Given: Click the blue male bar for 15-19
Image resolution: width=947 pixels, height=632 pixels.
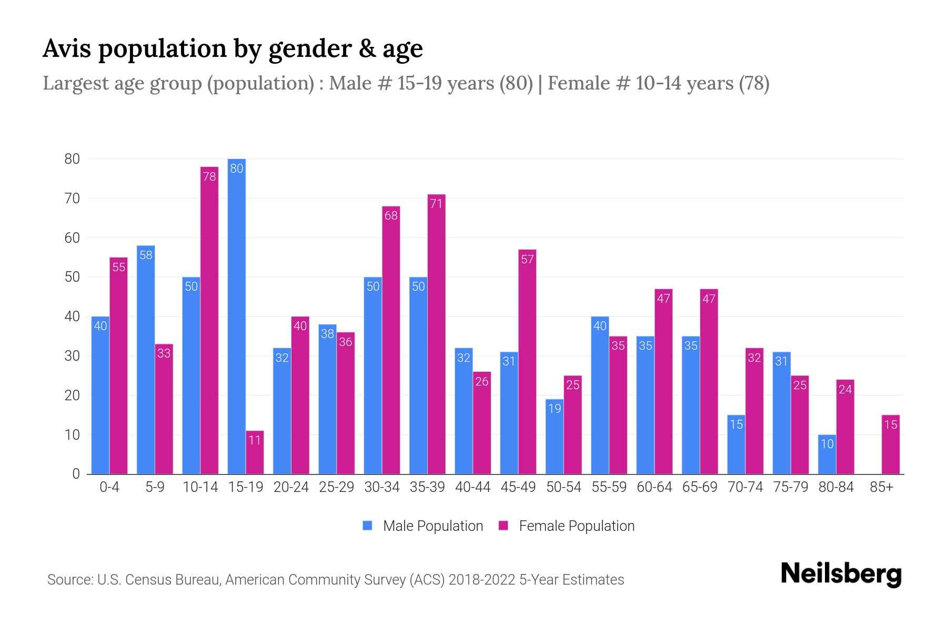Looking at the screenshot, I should click(237, 316).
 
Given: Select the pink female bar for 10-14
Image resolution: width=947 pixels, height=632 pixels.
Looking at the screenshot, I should click(209, 321).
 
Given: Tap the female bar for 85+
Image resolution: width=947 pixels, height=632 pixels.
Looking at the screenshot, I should click(890, 445).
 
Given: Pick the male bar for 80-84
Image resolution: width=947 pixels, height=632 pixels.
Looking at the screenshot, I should click(827, 455).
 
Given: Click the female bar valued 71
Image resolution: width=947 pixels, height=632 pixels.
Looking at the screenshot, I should click(436, 334).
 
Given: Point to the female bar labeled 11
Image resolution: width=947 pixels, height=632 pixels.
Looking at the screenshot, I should click(255, 453).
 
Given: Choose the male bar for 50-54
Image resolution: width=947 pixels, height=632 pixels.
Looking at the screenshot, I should click(555, 437).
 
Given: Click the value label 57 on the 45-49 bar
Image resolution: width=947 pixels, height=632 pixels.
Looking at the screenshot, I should click(527, 259).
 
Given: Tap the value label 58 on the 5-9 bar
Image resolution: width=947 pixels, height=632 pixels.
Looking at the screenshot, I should click(146, 255).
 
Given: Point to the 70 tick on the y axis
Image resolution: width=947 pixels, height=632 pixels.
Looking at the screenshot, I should click(72, 199).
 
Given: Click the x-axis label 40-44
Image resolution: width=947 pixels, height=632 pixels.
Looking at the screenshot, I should click(472, 487).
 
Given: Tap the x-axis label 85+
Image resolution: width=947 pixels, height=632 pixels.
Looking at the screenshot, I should click(881, 487).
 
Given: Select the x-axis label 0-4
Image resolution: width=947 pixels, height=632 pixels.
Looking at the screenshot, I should click(109, 487).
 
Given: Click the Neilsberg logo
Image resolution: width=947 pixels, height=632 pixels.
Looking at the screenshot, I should click(841, 574).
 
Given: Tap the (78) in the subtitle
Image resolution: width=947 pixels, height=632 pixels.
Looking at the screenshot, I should click(754, 83).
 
